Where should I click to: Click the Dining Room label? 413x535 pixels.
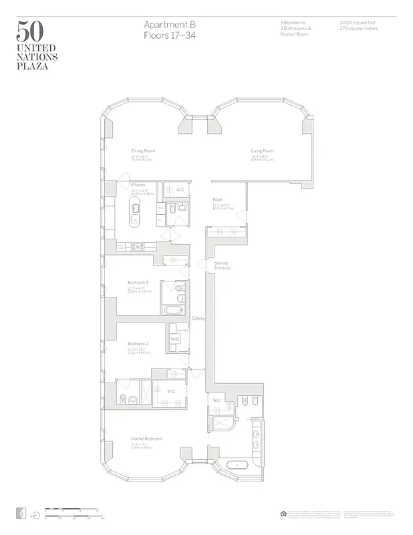pos(144,151)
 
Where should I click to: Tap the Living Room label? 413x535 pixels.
pos(263,151)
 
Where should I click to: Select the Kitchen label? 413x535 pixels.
pos(138,185)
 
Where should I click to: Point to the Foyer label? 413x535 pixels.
pos(218,199)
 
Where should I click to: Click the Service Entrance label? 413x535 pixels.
pos(222,265)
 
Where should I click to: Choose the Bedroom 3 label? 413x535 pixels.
pos(138,283)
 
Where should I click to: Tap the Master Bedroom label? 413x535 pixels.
pos(146,439)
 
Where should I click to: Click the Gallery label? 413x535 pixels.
pos(198,318)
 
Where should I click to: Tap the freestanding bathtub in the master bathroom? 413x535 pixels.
pos(237,464)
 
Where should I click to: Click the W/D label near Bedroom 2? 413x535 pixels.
pos(175,340)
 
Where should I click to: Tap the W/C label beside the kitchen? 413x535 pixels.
pos(180,190)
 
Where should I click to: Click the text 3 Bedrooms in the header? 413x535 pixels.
pos(292,23)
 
